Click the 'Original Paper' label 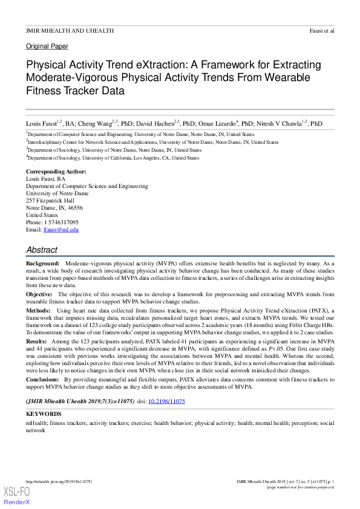tap(47, 46)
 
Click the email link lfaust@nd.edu tap(61, 230)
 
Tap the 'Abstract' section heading tap(42, 250)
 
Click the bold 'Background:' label tap(42, 264)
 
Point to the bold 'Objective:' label tap(39, 294)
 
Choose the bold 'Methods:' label tap(38, 309)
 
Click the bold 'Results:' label tap(37, 342)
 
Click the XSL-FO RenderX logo tap(17, 496)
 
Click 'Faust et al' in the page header tap(321, 30)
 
